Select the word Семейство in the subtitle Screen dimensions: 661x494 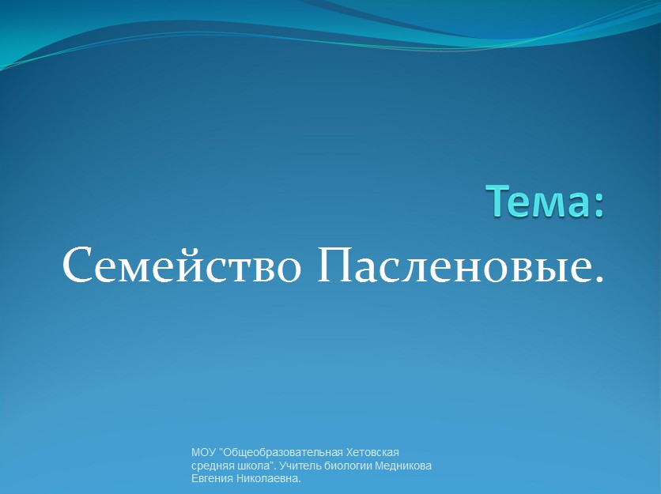182,266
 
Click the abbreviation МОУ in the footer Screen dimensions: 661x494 204,453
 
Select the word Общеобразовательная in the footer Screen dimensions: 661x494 281,454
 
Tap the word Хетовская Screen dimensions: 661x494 372,453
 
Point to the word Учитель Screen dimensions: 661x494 297,466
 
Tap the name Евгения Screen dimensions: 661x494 213,479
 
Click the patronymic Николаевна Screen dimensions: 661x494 269,479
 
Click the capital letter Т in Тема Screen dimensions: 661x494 498,202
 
